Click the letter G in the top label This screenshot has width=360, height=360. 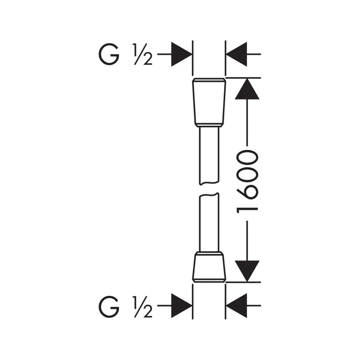[x=109, y=54]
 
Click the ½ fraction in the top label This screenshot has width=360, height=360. [x=143, y=54]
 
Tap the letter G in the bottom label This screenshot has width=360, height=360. [x=109, y=307]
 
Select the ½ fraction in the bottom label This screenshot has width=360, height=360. [x=143, y=307]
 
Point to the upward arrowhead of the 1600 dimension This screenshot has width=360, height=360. [x=247, y=89]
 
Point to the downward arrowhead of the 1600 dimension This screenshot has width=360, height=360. [x=247, y=271]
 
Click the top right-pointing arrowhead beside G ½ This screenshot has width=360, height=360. [x=182, y=54]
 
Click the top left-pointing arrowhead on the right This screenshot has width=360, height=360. [x=237, y=54]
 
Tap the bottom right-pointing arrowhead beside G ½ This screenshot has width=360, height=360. [x=182, y=306]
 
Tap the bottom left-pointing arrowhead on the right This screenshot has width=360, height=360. [x=237, y=306]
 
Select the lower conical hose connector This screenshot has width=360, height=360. [x=209, y=267]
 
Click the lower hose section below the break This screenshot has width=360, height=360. [x=209, y=222]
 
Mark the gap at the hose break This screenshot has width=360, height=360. [x=209, y=189]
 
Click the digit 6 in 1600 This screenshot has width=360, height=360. [x=247, y=192]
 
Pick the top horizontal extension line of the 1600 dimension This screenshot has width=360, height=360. [x=243, y=78]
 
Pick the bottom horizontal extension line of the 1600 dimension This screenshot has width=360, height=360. [x=243, y=282]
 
